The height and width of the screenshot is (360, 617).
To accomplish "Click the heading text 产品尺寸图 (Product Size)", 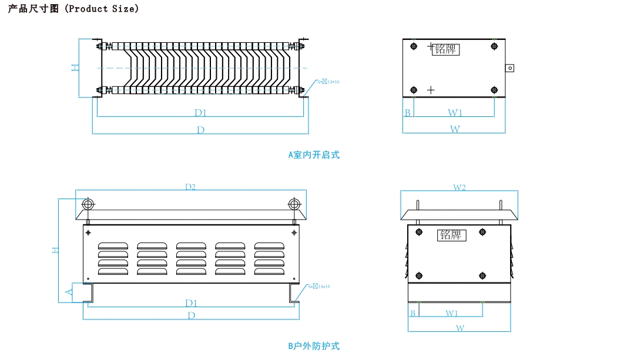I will pos(73,9).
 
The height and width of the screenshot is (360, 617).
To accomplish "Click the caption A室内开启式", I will pos(314,155).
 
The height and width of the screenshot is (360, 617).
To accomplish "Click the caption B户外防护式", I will pos(314,346).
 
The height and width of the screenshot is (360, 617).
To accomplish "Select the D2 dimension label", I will pos(190,187).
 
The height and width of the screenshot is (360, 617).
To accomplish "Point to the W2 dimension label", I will pos(459,187).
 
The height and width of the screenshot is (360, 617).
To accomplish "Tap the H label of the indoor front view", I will pos(75,67).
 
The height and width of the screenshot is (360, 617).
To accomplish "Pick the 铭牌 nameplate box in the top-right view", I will pos(445,49).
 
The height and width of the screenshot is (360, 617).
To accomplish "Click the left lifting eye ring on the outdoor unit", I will pos(88,204).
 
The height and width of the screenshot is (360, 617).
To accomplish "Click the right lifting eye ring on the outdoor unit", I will pos(294,204).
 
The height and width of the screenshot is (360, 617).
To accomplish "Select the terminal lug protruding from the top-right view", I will pos(509,68).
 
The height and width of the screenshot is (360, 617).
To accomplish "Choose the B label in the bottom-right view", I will pos(413,313).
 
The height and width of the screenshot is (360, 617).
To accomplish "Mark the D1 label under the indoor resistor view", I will pos(200,112).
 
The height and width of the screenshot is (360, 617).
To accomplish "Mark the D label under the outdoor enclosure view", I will pos(191,315).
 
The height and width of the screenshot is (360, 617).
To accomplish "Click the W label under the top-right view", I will pos(455,129).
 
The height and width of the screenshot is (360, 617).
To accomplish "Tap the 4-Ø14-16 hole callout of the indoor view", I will pos(328,82).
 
